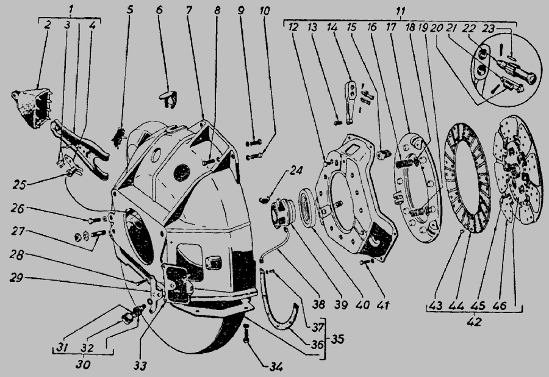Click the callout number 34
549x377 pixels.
(276, 367)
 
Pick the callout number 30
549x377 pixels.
(82, 364)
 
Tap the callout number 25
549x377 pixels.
(20, 184)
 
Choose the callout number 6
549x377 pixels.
(160, 9)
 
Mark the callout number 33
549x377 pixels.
(140, 366)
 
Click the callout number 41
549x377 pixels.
(383, 305)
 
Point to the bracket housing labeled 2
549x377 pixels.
(32, 107)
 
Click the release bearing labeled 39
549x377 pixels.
(282, 212)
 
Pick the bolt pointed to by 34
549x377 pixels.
(247, 334)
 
